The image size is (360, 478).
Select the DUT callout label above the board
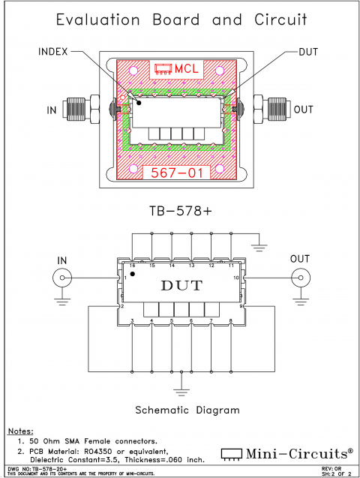click(307, 52)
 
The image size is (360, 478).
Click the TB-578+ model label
click(179, 212)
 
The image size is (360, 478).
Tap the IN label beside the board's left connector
click(52, 110)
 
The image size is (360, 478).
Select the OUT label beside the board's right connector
click(304, 110)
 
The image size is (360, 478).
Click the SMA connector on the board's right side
click(275, 110)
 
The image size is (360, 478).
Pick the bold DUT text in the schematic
click(181, 285)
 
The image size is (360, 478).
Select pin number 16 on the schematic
click(132, 266)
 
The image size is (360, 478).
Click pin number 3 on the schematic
click(132, 321)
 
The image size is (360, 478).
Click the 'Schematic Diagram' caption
click(187, 410)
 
